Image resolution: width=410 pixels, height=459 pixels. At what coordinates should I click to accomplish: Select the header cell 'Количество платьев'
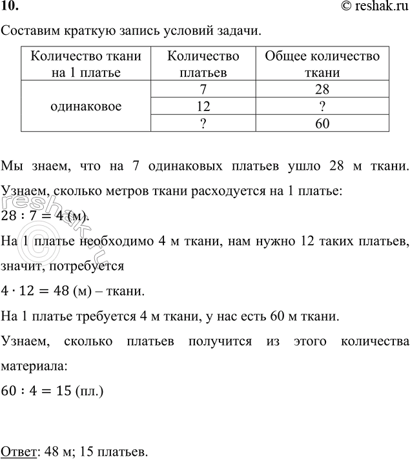(203, 64)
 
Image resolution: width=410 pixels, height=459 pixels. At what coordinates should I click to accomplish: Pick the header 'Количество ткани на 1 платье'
(85, 64)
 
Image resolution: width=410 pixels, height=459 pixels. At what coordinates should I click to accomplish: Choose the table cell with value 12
(203, 105)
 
